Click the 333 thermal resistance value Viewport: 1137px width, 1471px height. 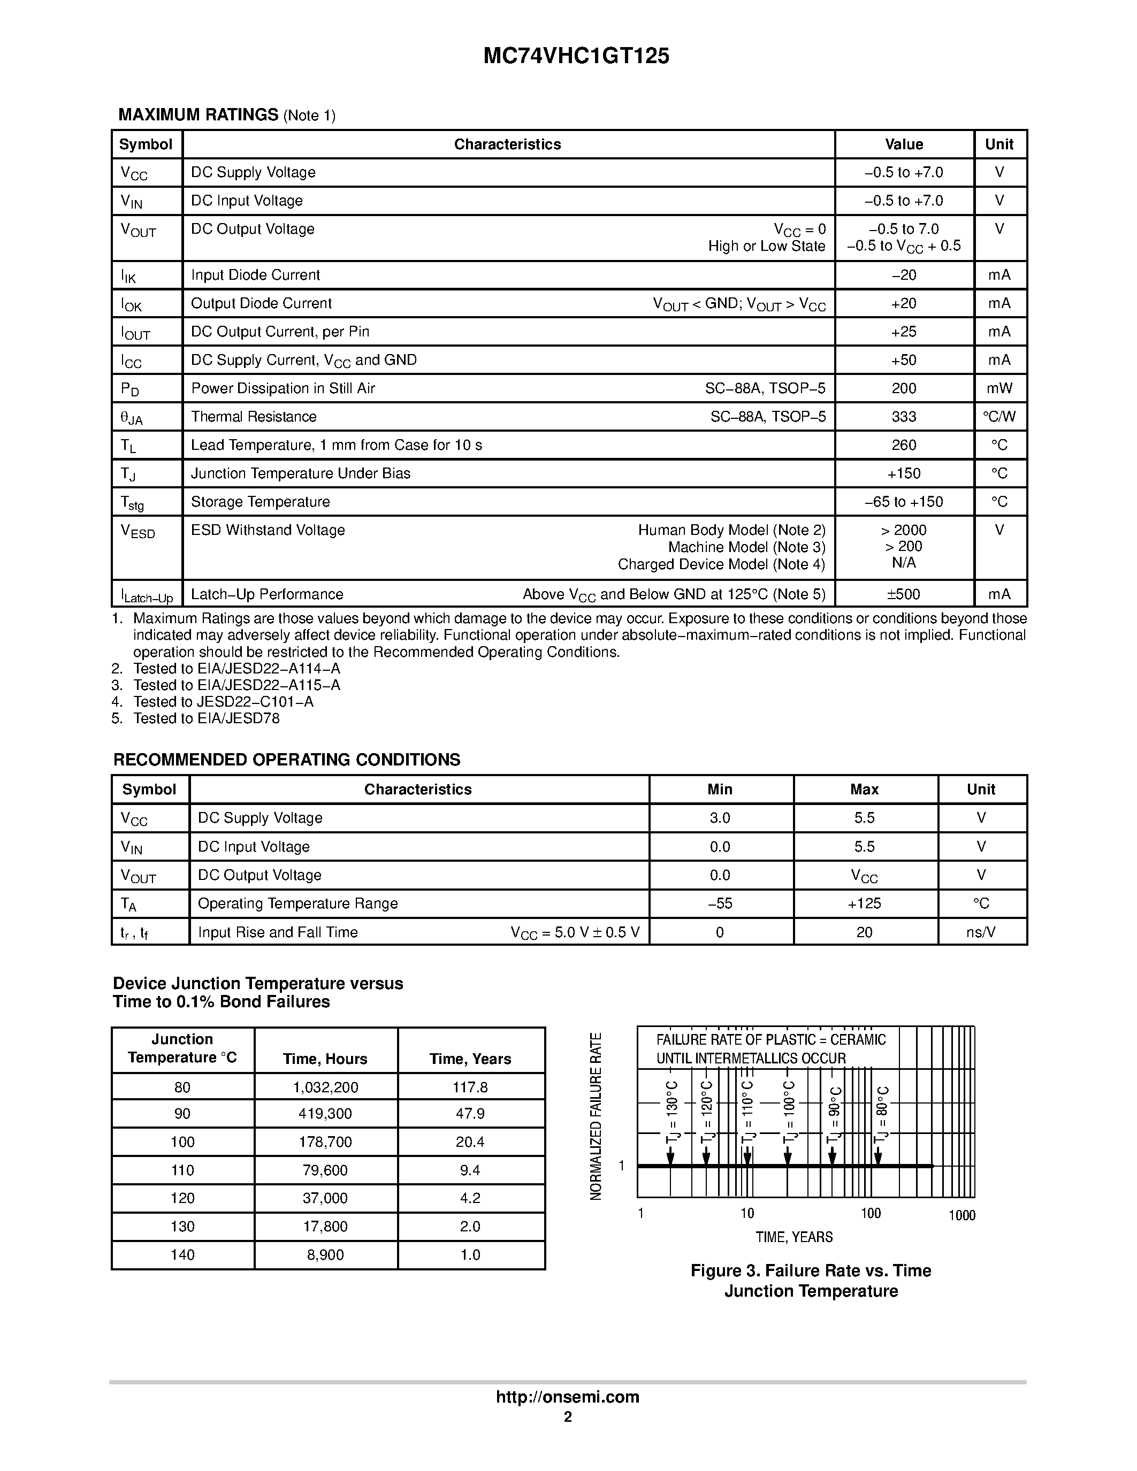pyautogui.click(x=903, y=417)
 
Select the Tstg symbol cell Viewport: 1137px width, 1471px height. pyautogui.click(x=132, y=502)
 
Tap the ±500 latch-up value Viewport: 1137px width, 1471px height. pyautogui.click(x=903, y=594)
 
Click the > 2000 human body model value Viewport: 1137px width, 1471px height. pyautogui.click(x=903, y=530)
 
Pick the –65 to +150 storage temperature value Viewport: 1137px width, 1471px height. pyautogui.click(x=903, y=502)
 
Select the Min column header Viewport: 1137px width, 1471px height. pyautogui.click(x=719, y=790)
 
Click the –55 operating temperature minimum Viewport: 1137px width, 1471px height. pyautogui.click(x=719, y=903)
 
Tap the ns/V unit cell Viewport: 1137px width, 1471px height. pyautogui.click(x=981, y=932)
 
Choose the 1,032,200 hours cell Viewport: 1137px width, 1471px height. pyautogui.click(x=325, y=1087)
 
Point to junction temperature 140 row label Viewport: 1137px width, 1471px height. pyautogui.click(x=182, y=1255)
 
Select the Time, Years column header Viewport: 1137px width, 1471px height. pyautogui.click(x=470, y=1059)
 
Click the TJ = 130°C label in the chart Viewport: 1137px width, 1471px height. pyautogui.click(x=671, y=1112)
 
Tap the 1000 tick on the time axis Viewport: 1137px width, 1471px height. pyautogui.click(x=961, y=1216)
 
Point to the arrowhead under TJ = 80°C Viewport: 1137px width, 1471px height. pyautogui.click(x=877, y=1158)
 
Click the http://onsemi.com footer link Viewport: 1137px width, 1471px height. pyautogui.click(x=567, y=1397)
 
